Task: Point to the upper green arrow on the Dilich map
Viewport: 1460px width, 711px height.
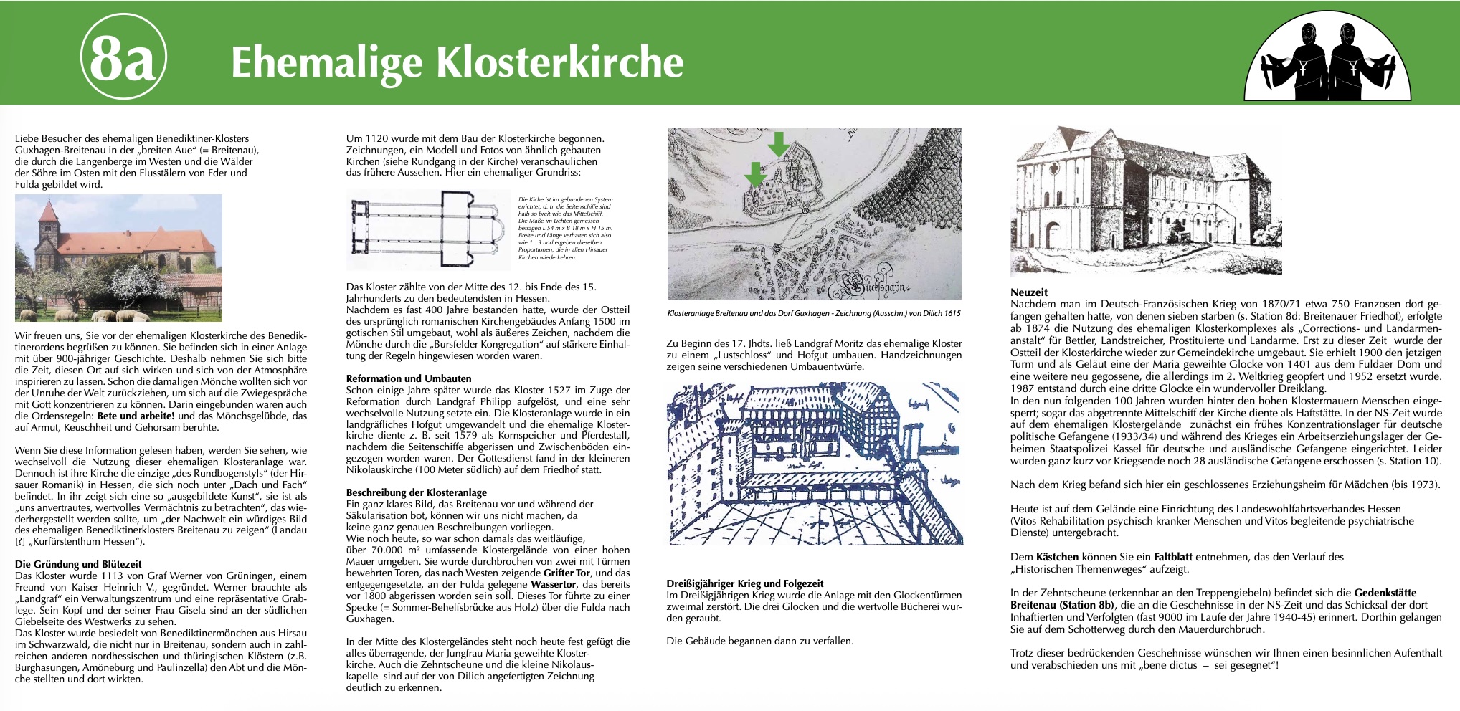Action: pyautogui.click(x=778, y=144)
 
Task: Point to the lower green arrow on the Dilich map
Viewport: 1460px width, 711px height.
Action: pyautogui.click(x=754, y=174)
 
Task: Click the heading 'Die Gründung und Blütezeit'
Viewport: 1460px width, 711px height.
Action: pyautogui.click(x=78, y=564)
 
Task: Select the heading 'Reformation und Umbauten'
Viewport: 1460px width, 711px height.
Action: pyautogui.click(x=409, y=378)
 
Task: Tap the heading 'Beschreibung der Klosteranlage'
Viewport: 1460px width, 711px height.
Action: pyautogui.click(x=416, y=492)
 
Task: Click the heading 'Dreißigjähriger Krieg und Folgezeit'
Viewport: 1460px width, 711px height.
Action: pyautogui.click(x=744, y=583)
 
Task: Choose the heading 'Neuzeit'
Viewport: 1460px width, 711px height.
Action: pyautogui.click(x=1028, y=292)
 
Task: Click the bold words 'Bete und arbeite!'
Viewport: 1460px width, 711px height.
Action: pyautogui.click(x=136, y=416)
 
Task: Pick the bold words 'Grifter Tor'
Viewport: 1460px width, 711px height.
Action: pyautogui.click(x=567, y=573)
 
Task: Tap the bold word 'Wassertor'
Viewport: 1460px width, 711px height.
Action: pyautogui.click(x=553, y=584)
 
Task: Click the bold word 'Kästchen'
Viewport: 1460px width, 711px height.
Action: pyautogui.click(x=1057, y=557)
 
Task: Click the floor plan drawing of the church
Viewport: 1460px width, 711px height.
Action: pyautogui.click(x=427, y=229)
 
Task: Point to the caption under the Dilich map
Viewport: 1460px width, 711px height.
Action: pyautogui.click(x=814, y=313)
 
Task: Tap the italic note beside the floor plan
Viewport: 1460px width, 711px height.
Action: pyautogui.click(x=565, y=228)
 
